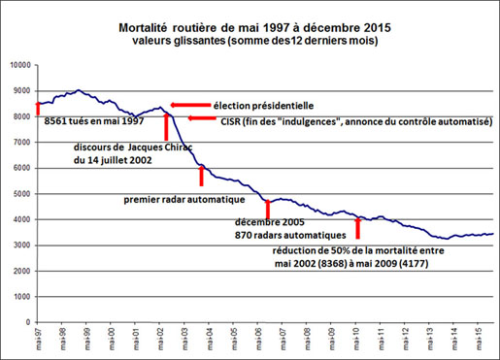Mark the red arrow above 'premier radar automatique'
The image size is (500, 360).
(x=201, y=175)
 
